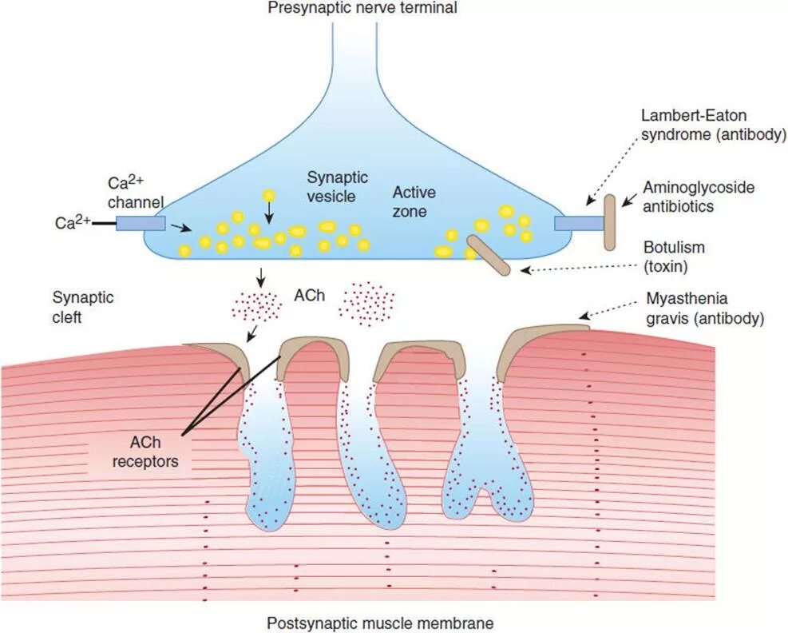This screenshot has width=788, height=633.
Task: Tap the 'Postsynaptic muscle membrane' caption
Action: click(380, 622)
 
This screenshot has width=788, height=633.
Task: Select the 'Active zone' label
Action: click(414, 202)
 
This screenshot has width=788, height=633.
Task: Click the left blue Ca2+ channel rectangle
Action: click(141, 222)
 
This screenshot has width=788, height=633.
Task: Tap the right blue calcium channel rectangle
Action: click(579, 222)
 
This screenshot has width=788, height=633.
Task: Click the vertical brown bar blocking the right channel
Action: click(610, 223)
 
